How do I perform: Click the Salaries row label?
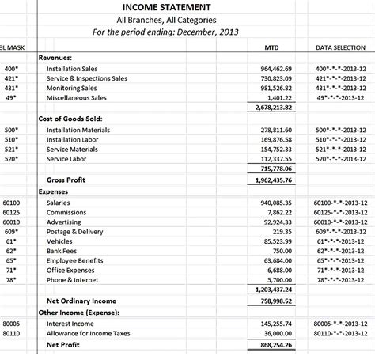coord(59,203)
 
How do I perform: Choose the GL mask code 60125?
coord(11,213)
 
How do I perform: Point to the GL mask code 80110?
coord(11,334)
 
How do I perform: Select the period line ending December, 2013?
coord(165,32)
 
